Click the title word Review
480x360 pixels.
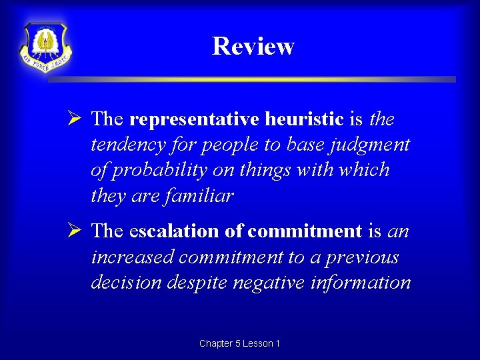click(x=253, y=46)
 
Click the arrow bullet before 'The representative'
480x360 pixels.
click(x=74, y=119)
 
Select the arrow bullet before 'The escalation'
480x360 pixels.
click(x=74, y=231)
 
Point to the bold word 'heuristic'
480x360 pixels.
click(x=304, y=119)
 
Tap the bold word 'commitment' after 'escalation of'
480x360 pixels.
click(x=305, y=231)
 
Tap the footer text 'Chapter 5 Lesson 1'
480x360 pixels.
click(x=239, y=343)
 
